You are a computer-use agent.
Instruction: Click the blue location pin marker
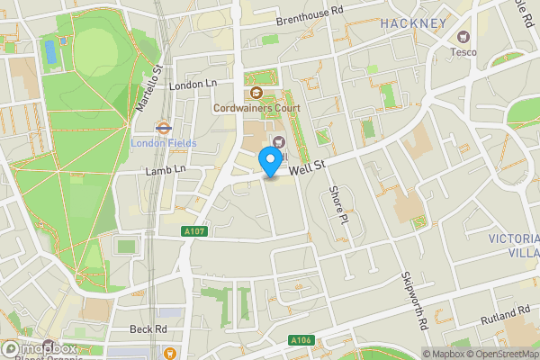click(x=269, y=163)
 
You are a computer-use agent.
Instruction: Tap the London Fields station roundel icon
click(x=165, y=128)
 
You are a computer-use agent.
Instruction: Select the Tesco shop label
click(x=464, y=51)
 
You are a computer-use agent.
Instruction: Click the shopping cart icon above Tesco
click(x=463, y=37)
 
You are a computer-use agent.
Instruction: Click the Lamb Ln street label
click(x=166, y=168)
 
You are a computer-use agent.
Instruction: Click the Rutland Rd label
click(x=505, y=314)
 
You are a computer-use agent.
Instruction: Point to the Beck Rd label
click(x=148, y=329)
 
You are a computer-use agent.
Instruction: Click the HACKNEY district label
click(x=413, y=22)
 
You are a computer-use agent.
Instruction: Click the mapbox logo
click(x=40, y=348)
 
